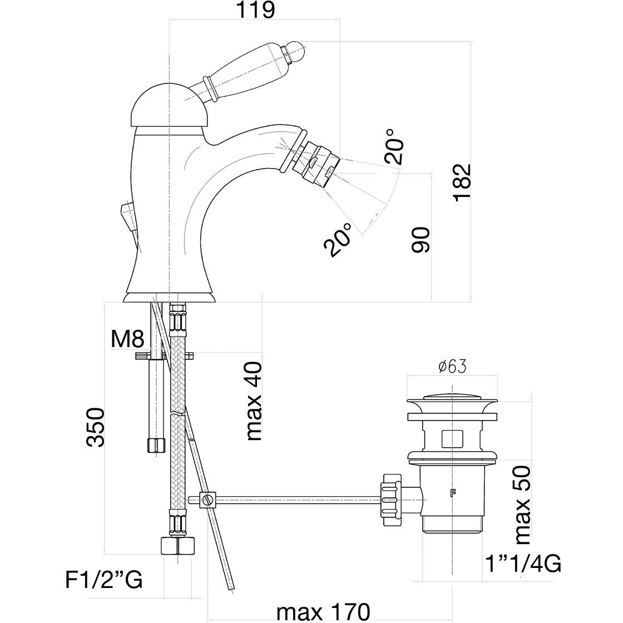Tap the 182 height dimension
[x=461, y=182]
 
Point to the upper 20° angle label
[x=392, y=146]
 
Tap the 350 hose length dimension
[x=95, y=427]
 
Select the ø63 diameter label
[x=452, y=367]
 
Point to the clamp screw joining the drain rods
[x=207, y=500]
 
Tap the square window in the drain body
[x=451, y=439]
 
